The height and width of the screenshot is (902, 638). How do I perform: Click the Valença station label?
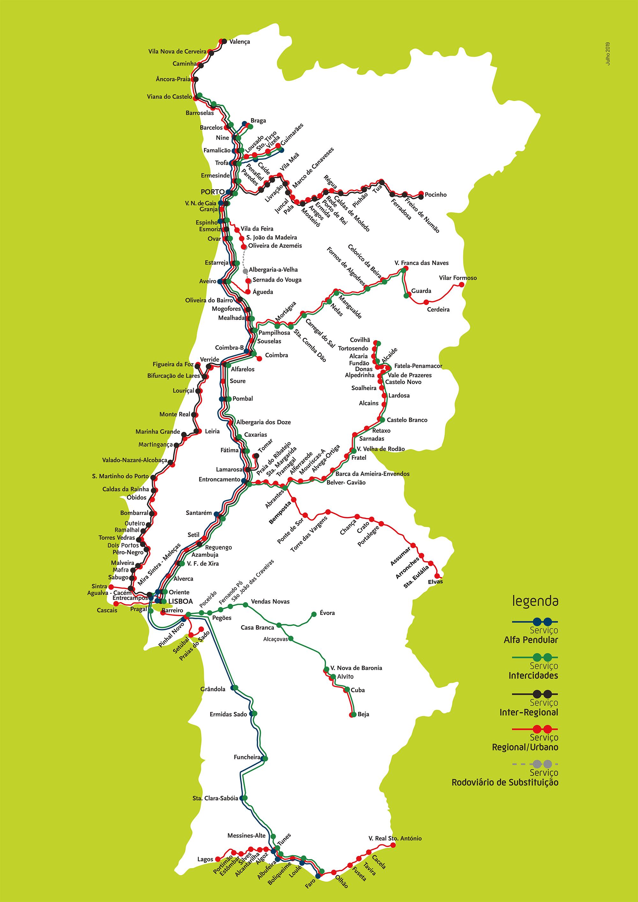(x=239, y=42)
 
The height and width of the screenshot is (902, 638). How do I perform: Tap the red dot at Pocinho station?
(x=421, y=194)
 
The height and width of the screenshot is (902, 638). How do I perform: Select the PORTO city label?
(x=212, y=192)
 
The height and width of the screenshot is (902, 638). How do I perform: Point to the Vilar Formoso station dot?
(x=462, y=285)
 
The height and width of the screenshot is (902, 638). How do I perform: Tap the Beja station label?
(x=363, y=714)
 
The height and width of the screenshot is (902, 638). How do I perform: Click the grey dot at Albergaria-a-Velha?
(x=245, y=271)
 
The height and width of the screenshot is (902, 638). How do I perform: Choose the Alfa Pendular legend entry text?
(x=530, y=640)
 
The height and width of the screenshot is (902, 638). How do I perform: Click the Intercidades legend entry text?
(x=533, y=676)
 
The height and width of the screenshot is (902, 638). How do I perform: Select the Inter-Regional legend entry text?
(x=528, y=712)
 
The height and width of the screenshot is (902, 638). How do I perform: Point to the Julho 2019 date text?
(x=608, y=54)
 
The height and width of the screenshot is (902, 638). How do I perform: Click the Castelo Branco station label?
(x=407, y=420)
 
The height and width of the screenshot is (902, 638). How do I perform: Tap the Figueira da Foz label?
(x=173, y=364)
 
